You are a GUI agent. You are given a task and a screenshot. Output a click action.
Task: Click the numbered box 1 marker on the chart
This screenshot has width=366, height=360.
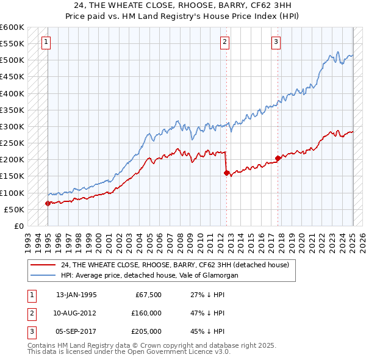47,42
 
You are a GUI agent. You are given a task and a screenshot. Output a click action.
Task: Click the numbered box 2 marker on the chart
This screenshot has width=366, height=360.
224,42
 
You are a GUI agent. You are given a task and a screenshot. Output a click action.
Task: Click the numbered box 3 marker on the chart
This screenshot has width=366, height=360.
276,42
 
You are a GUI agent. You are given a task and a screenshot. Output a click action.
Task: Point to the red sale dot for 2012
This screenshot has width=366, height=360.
227,173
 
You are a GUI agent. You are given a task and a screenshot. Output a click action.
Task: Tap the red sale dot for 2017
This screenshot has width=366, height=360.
278,158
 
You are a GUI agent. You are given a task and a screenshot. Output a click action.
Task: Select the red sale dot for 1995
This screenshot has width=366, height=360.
48,204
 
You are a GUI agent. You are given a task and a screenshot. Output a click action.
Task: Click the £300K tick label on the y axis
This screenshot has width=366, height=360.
12,126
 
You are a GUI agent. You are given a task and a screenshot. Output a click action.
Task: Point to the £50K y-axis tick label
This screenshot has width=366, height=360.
14,209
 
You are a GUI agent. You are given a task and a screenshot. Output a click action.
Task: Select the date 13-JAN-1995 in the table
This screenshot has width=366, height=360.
76,295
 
